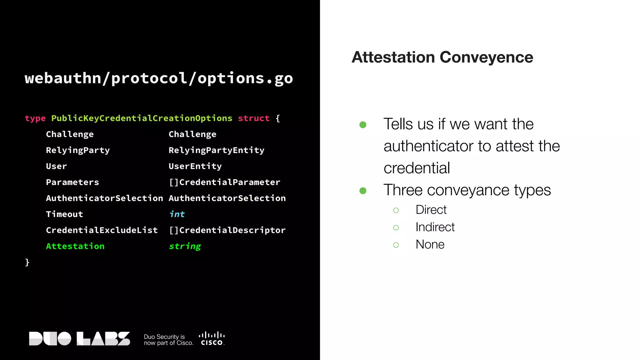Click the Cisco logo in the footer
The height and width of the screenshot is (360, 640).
pos(212,339)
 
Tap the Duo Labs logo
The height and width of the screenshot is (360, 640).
pos(79,338)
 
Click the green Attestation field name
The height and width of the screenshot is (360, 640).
pos(75,246)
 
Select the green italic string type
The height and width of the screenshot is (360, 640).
pos(185,247)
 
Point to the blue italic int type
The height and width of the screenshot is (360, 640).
pos(177,214)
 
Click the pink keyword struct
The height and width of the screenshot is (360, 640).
pos(253,118)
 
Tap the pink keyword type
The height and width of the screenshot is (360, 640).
pos(35,118)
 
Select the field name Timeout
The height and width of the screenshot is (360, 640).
pos(64,214)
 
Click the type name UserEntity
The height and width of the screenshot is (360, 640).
pos(195,166)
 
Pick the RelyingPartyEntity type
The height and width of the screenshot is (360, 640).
pos(216,150)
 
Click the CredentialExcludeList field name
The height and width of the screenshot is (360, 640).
pos(102,230)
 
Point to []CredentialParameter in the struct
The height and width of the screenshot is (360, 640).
pos(224,182)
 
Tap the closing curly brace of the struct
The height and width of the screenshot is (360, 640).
pos(27,262)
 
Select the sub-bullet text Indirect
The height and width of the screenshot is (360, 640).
pos(435,227)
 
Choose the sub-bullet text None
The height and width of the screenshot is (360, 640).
pos(430,244)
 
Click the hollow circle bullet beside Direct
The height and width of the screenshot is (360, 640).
pos(396,210)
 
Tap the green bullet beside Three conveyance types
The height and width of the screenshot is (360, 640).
pos(363,191)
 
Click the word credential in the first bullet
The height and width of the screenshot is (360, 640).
pos(417,168)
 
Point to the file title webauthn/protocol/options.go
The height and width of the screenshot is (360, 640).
pos(159,78)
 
